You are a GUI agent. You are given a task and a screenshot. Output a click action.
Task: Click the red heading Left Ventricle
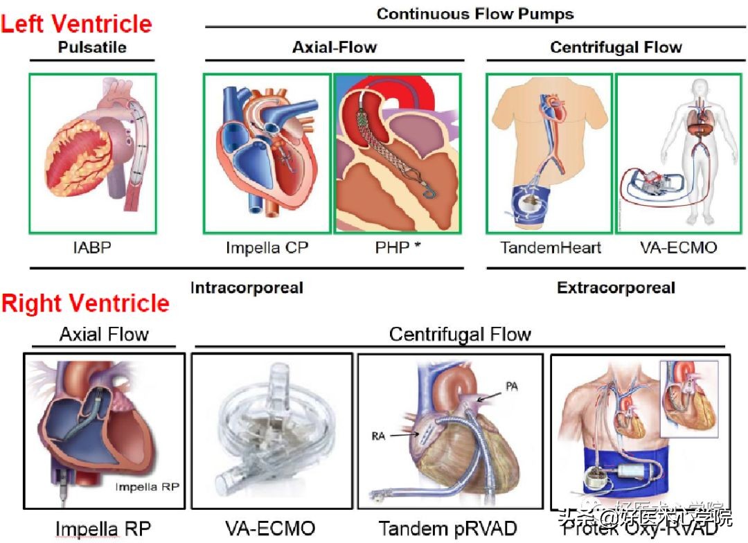76,24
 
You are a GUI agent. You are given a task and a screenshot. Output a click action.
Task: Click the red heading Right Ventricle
85,303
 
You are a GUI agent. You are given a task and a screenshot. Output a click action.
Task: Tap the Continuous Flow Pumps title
474,13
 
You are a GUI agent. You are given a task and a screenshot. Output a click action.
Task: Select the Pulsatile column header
92,47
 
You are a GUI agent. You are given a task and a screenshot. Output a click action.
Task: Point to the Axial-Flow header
335,47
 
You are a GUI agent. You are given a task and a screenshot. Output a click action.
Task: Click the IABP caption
92,247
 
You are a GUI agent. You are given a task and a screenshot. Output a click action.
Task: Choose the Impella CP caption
267,247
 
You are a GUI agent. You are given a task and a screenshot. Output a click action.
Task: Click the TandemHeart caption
551,247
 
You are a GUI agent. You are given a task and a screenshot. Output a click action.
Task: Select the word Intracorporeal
247,287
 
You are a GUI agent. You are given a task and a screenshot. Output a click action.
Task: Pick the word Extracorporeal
616,287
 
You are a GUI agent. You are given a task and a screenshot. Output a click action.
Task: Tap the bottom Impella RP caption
103,529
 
